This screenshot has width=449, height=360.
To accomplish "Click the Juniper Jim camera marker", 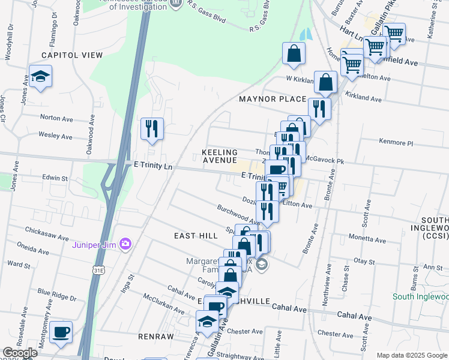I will (125, 244).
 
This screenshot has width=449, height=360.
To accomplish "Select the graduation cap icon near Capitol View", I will (41, 77).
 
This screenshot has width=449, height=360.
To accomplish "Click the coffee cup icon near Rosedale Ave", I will (61, 332).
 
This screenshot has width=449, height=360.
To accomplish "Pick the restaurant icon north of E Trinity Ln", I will (152, 128).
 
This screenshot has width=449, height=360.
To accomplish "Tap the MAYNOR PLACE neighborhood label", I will (273, 98).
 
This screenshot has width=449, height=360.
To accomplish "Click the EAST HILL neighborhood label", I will (196, 236).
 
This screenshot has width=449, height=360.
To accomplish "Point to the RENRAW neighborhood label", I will (155, 337).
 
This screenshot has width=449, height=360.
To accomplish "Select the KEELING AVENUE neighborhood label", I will (220, 157).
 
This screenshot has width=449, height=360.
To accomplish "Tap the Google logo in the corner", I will (20, 353).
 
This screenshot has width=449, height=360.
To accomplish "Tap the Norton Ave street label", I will (56, 118).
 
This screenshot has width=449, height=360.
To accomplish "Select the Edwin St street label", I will (55, 178).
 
